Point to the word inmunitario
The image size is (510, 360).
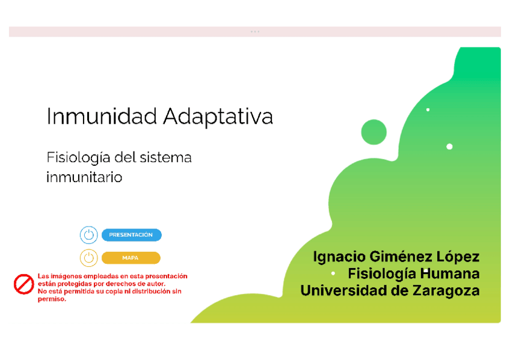pyautogui.click(x=84, y=177)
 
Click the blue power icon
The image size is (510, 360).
pyautogui.click(x=89, y=235)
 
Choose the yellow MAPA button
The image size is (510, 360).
pyautogui.click(x=131, y=258)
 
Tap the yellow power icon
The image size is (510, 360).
pyautogui.click(x=89, y=258)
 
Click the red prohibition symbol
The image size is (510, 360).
pyautogui.click(x=24, y=284)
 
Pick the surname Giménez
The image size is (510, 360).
pyautogui.click(x=405, y=257)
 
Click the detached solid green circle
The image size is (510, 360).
pyautogui.click(x=373, y=132)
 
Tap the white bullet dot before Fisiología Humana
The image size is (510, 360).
pyautogui.click(x=333, y=274)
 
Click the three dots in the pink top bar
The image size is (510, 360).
pyautogui.click(x=255, y=32)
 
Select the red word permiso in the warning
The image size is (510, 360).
pyautogui.click(x=52, y=299)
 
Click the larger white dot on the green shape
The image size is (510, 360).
pyautogui.click(x=449, y=147)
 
